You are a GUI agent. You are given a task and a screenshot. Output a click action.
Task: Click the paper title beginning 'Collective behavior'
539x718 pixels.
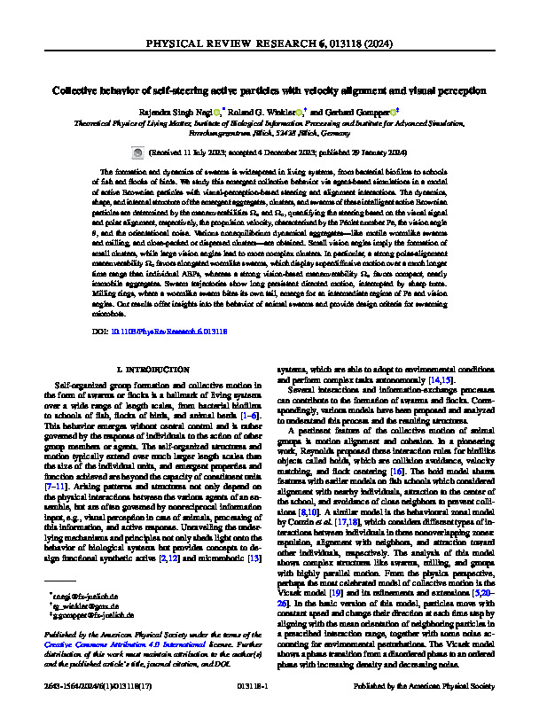(269, 90)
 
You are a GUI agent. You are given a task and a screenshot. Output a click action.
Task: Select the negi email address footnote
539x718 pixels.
(89, 586)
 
